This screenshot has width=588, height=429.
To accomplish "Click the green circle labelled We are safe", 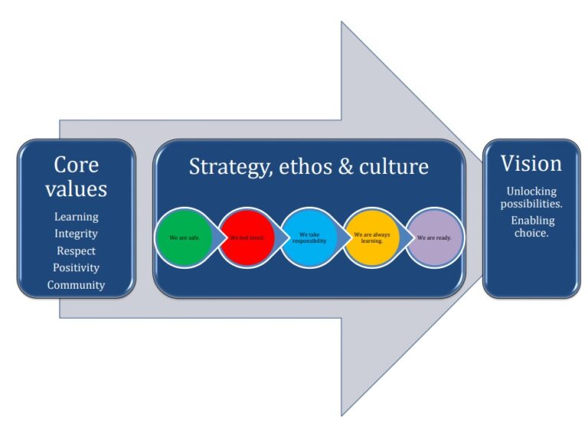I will (x=185, y=237).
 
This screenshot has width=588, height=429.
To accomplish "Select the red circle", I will (x=247, y=237).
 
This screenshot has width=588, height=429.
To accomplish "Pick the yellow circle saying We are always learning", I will (x=371, y=237).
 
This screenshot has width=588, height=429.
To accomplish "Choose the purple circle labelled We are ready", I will (x=434, y=237).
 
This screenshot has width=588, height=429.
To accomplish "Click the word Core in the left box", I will (x=76, y=165).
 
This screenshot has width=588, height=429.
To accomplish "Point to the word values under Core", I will (x=76, y=188).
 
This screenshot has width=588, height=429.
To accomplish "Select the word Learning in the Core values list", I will (x=76, y=217).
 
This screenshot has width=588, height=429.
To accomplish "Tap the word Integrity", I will (x=76, y=234).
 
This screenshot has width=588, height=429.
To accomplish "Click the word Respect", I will (x=76, y=251).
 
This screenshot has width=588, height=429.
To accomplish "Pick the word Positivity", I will (x=76, y=268).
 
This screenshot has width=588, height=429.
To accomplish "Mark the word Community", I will (x=76, y=285).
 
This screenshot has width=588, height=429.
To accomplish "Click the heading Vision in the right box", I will (x=531, y=163).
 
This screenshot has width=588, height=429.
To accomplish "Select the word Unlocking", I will (x=531, y=191).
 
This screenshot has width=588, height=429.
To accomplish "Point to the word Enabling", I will (x=532, y=221).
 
